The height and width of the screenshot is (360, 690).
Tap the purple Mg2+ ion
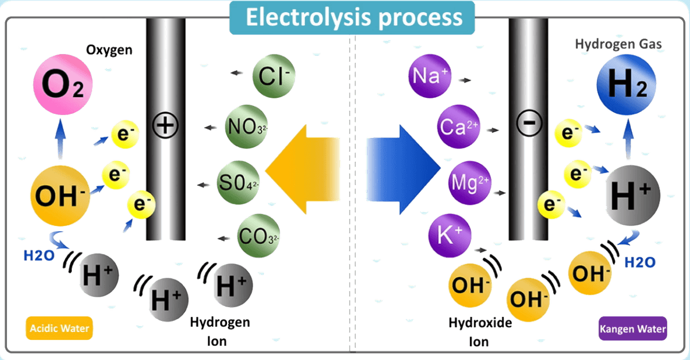pos(469,184)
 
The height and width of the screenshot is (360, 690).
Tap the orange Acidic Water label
pos(59,328)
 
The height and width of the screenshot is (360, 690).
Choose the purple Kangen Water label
pos(632,330)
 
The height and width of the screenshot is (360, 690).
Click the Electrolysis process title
pos(353,18)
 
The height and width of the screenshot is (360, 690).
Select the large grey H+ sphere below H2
pos(631,197)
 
